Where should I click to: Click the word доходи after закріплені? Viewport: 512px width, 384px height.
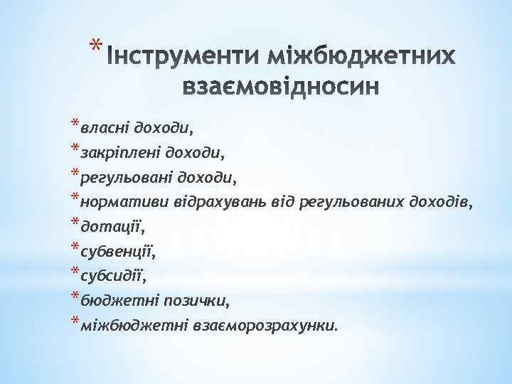191,152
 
